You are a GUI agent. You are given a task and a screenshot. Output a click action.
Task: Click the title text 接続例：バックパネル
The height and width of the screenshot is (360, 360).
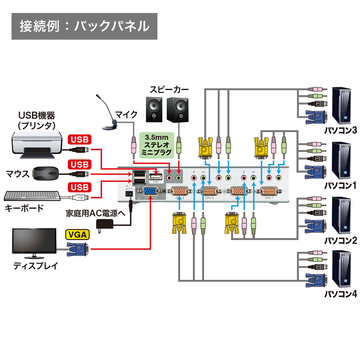85,26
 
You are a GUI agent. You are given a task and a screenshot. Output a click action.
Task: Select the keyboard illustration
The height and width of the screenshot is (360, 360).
32,197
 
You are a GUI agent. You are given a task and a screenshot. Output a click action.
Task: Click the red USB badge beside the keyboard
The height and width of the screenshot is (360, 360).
79,187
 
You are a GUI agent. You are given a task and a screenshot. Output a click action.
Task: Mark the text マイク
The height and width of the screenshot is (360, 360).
126,114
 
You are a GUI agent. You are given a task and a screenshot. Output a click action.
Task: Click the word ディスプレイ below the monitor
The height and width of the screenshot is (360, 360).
36,265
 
